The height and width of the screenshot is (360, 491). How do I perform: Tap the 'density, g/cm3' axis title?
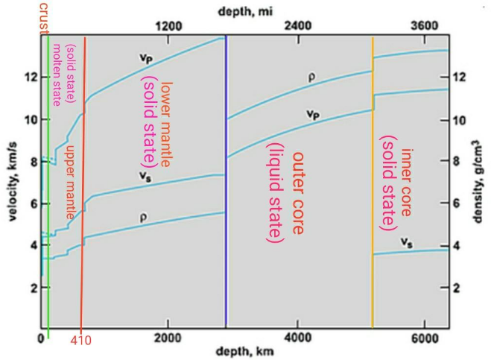coord(477,181)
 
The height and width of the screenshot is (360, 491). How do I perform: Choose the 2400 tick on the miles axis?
coord(298,26)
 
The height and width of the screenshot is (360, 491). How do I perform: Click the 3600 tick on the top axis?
coord(425,26)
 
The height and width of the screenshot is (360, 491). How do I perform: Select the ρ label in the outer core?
coord(313,76)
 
